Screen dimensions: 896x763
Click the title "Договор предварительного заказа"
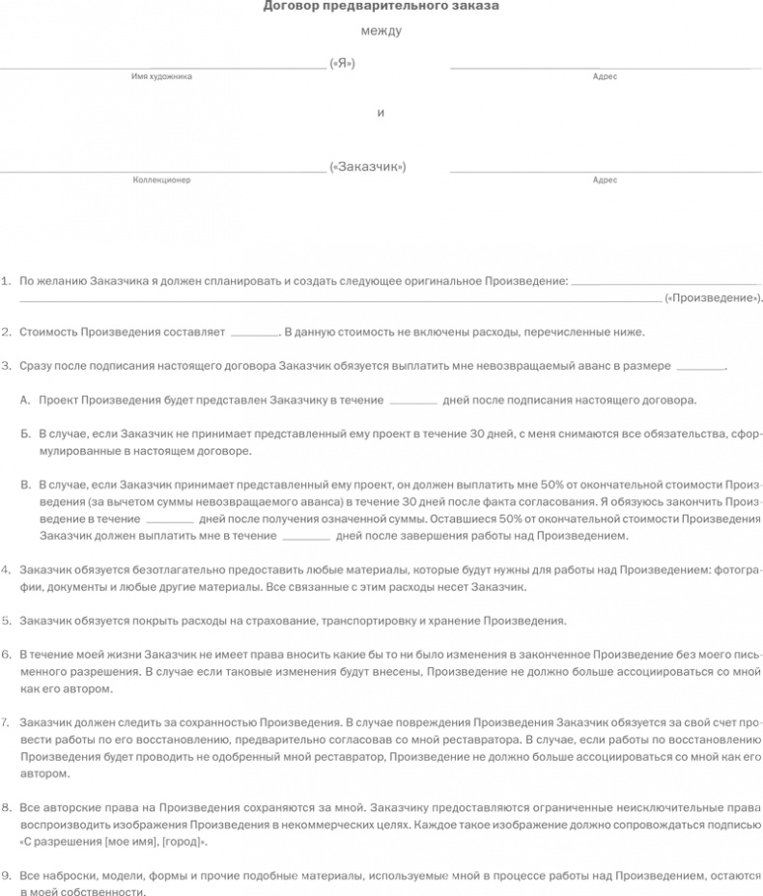381,7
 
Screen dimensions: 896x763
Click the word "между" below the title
381,32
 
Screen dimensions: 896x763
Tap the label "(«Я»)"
342,64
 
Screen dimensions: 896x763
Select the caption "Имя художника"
161,76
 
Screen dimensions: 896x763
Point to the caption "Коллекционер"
161,180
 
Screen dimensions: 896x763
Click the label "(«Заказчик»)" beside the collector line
367,167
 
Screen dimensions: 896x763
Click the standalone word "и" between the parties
381,113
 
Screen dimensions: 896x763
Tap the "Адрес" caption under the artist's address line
605,76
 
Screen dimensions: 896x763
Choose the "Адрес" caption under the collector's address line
605,180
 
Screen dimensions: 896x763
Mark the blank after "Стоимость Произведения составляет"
255,334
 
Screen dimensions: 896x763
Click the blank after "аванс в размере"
700,368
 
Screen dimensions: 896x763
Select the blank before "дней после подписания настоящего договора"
413,401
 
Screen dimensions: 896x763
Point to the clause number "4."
7,570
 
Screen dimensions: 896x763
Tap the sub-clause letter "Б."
25,434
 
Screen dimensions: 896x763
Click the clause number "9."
7,876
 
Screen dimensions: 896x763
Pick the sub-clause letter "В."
25,486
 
